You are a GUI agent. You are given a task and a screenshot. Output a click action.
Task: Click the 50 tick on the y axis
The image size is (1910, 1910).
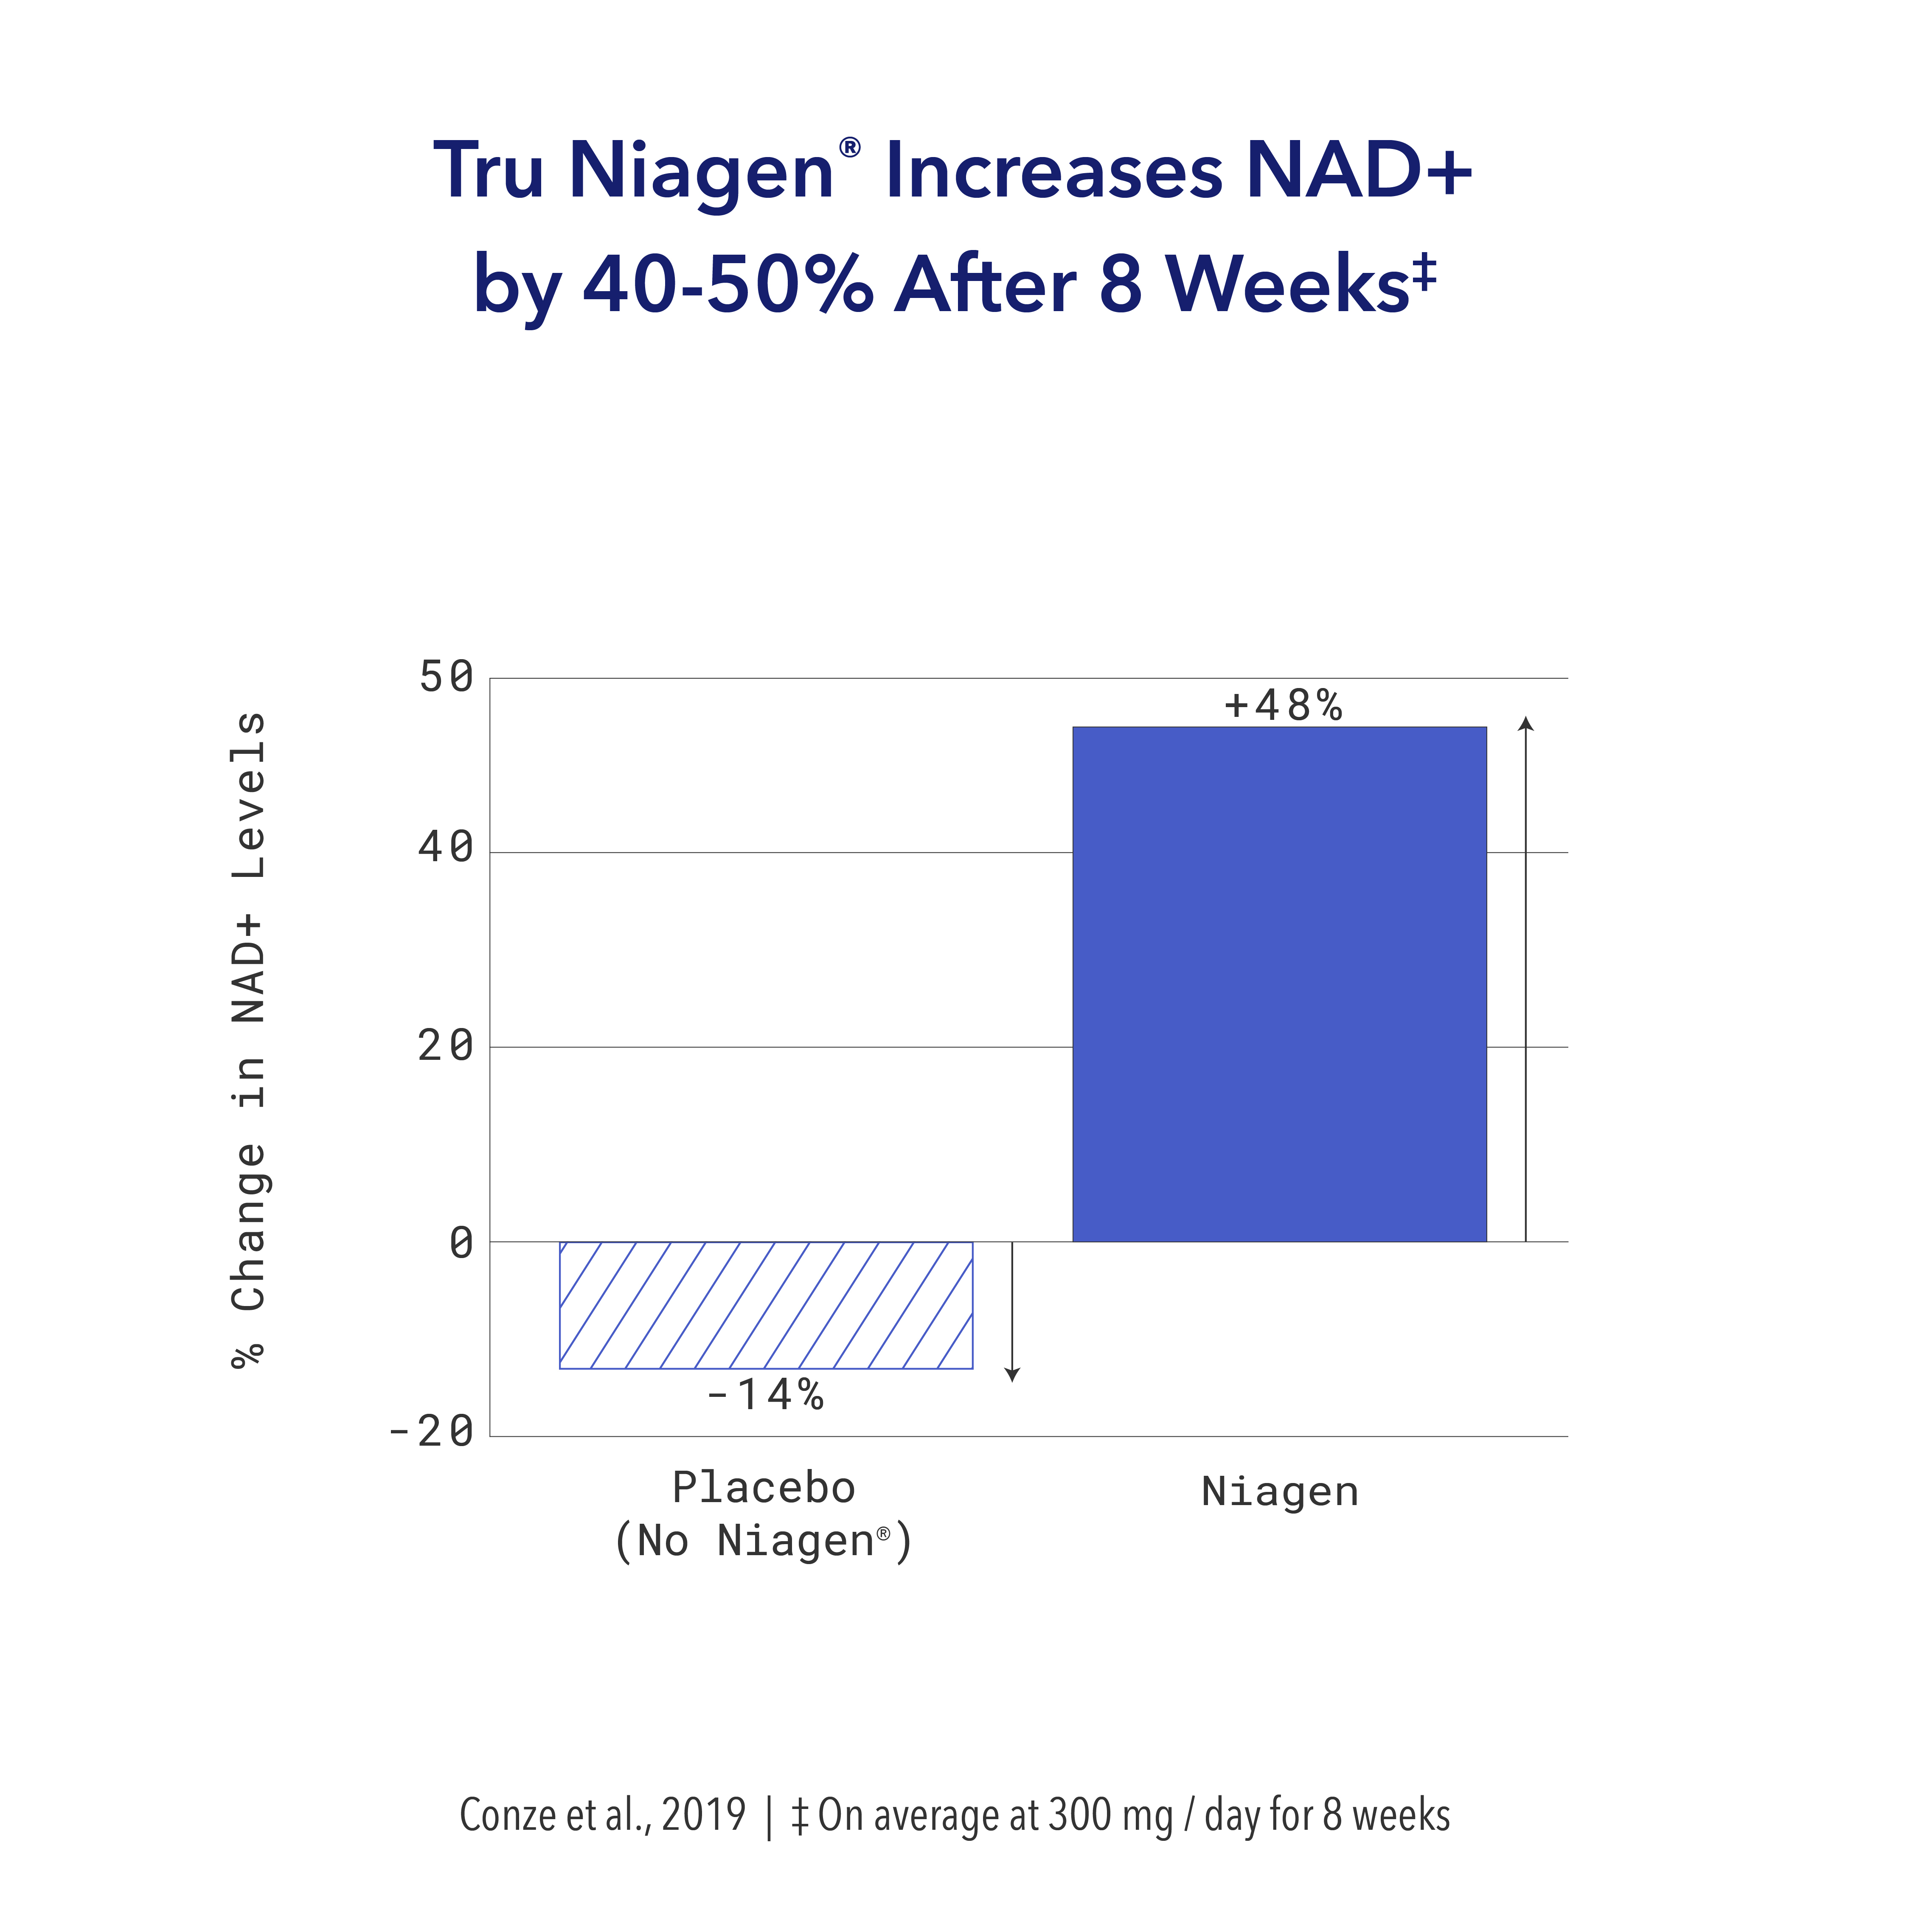(x=446, y=678)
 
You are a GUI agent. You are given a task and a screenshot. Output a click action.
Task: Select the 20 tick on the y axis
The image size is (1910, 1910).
(x=446, y=1046)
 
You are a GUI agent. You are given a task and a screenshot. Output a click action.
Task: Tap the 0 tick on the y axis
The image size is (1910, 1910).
(x=461, y=1243)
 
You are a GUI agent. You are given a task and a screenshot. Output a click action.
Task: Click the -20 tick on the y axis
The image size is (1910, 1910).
(x=431, y=1432)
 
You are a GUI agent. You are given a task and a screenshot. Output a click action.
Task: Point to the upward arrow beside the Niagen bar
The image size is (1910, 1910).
(x=1525, y=979)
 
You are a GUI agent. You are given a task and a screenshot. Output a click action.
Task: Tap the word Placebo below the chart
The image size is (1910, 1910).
(x=763, y=1488)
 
